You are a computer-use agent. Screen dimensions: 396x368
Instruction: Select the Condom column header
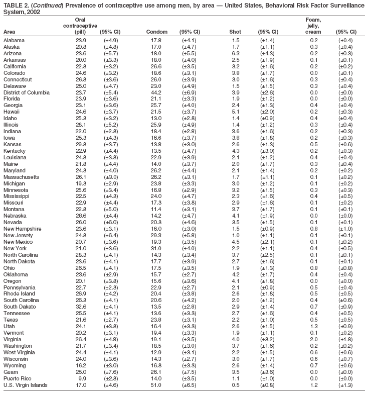156,31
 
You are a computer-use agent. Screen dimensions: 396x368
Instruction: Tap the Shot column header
235,31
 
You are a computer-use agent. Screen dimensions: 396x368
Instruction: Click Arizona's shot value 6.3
236,53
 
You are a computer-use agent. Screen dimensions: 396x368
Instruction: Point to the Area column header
9,31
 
